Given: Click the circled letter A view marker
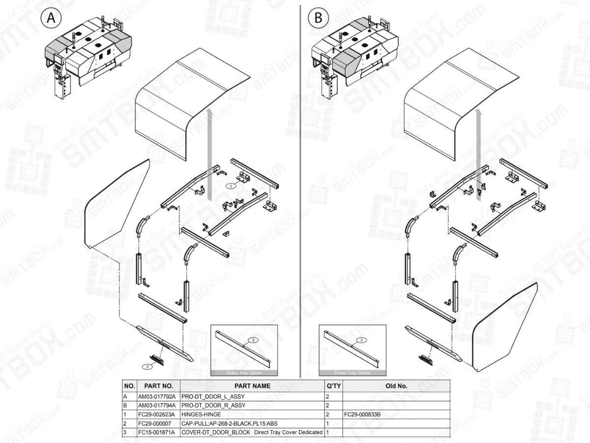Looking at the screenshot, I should coord(51,18).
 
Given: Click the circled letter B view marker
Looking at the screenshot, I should coord(318,18).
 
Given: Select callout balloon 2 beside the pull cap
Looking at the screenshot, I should coord(147,366).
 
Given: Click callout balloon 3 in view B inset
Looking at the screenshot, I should coord(361,340).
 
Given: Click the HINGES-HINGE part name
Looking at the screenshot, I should coord(201,414).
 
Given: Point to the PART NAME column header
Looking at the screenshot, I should coord(252,386).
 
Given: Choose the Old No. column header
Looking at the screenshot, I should coord(396,386).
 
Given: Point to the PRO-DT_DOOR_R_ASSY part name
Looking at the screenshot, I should coord(213,405).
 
